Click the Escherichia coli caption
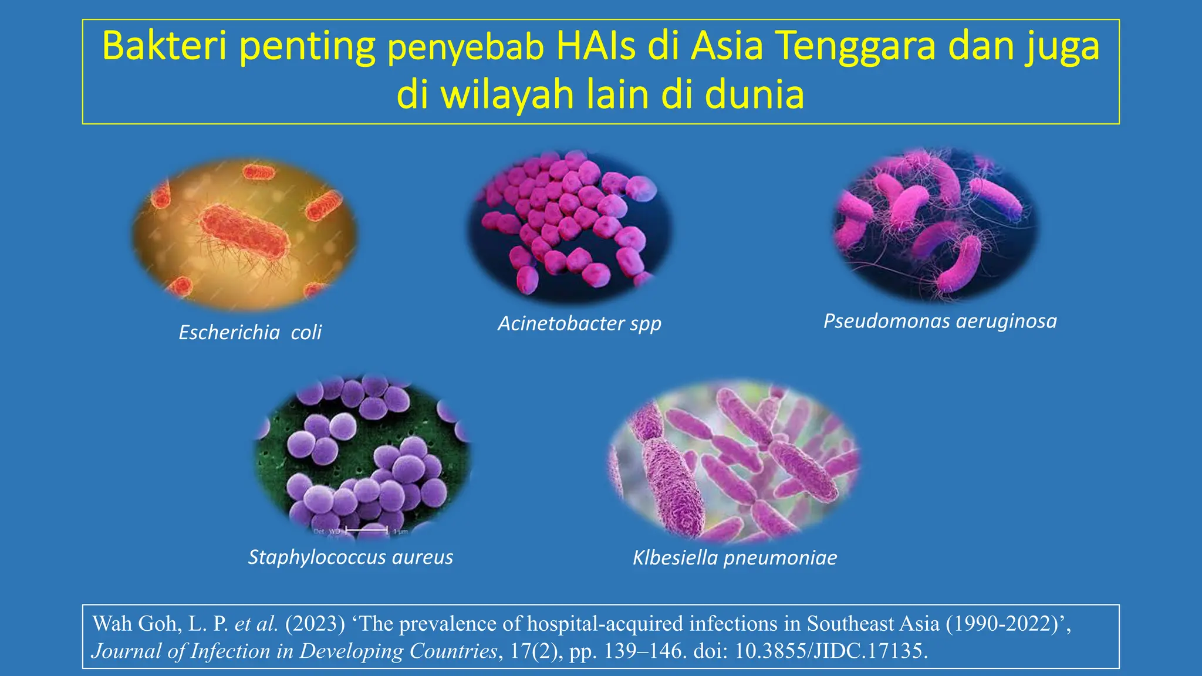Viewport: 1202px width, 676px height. (250, 333)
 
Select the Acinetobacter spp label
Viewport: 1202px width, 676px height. (579, 323)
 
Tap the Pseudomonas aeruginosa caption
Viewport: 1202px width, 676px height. (940, 321)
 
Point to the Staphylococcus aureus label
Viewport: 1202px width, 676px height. (350, 557)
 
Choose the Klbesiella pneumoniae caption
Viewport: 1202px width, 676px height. (735, 557)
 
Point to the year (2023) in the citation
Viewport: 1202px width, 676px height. (315, 624)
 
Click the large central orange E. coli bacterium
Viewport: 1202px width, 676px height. (245, 233)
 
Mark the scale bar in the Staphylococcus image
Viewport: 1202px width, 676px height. (367, 530)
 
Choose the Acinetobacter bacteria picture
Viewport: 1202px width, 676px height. (569, 226)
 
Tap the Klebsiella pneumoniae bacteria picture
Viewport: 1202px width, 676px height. (734, 461)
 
